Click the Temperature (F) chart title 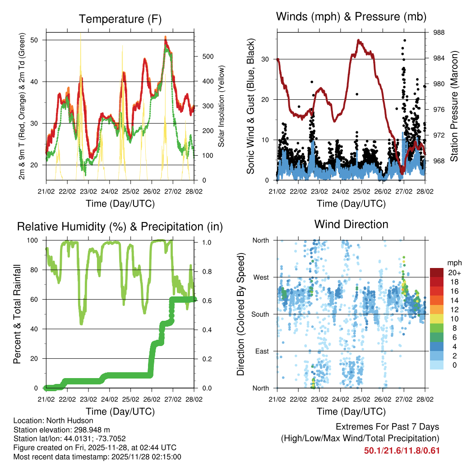tap(120, 19)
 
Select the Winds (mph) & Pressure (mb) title tap(351, 17)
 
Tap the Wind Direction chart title tap(351, 224)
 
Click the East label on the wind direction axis tap(262, 351)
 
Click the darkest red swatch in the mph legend tap(437, 273)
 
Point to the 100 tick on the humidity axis tap(35, 240)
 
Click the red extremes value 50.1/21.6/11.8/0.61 tap(402, 451)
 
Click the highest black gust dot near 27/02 tap(405, 40)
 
